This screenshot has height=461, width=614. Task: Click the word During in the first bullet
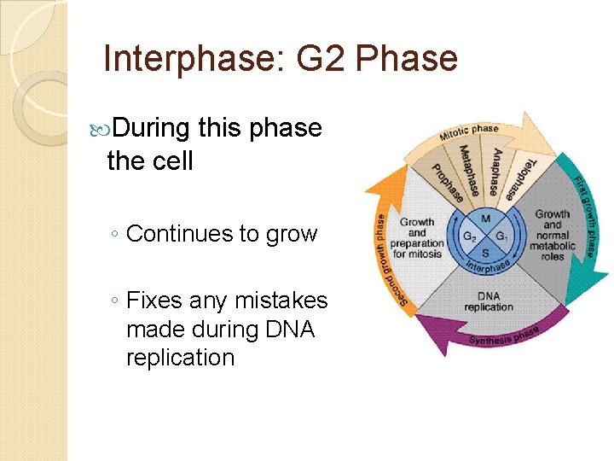point(150,129)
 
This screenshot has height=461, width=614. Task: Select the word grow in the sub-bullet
point(292,233)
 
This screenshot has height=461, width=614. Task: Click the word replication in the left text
point(180,357)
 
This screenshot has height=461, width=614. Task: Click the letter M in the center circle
point(484,219)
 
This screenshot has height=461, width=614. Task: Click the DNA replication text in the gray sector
point(489,301)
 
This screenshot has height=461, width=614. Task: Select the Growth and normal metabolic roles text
point(553,235)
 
